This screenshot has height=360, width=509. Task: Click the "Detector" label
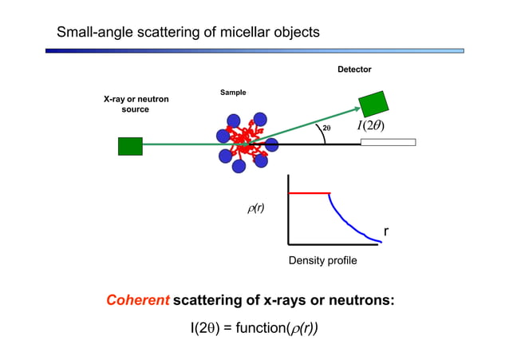pyautogui.click(x=354, y=69)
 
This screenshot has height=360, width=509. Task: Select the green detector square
pyautogui.click(x=373, y=104)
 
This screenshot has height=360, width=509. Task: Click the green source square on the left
pyautogui.click(x=130, y=146)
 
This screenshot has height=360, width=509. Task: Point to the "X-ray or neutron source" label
pyautogui.click(x=136, y=104)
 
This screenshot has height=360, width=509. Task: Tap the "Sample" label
pyautogui.click(x=233, y=93)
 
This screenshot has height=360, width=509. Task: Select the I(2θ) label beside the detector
pyautogui.click(x=370, y=128)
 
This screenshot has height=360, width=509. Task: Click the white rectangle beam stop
pyautogui.click(x=388, y=143)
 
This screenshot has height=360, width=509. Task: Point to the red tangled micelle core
pyautogui.click(x=241, y=141)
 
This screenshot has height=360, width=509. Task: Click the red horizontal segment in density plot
pyautogui.click(x=309, y=193)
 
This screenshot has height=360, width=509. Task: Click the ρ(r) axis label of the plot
pyautogui.click(x=256, y=209)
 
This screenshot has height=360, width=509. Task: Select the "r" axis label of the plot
pyautogui.click(x=386, y=231)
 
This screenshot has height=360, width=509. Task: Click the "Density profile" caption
pyautogui.click(x=322, y=261)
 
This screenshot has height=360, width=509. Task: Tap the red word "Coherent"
pyautogui.click(x=138, y=301)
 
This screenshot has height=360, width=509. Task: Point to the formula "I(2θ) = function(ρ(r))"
pyautogui.click(x=254, y=329)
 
